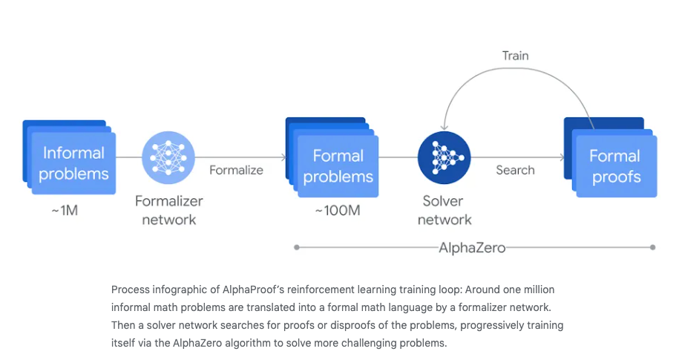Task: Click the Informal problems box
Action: [x=73, y=163]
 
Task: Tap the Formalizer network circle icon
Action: [x=168, y=157]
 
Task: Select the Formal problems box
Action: [x=338, y=166]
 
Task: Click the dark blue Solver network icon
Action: [x=444, y=157]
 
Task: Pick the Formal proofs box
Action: [x=614, y=166]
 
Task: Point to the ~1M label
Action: [x=65, y=211]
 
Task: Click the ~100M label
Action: [x=337, y=211]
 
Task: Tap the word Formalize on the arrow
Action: [x=236, y=170]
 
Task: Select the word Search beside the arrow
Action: [x=515, y=170]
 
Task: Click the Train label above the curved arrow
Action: [x=515, y=56]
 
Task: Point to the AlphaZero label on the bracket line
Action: [x=472, y=247]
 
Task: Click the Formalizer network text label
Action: [x=168, y=210]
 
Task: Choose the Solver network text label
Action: [x=444, y=210]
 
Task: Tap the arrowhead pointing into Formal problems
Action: [x=283, y=157]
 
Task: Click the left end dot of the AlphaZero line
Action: [x=296, y=247]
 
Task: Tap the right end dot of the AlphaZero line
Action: [x=652, y=247]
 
